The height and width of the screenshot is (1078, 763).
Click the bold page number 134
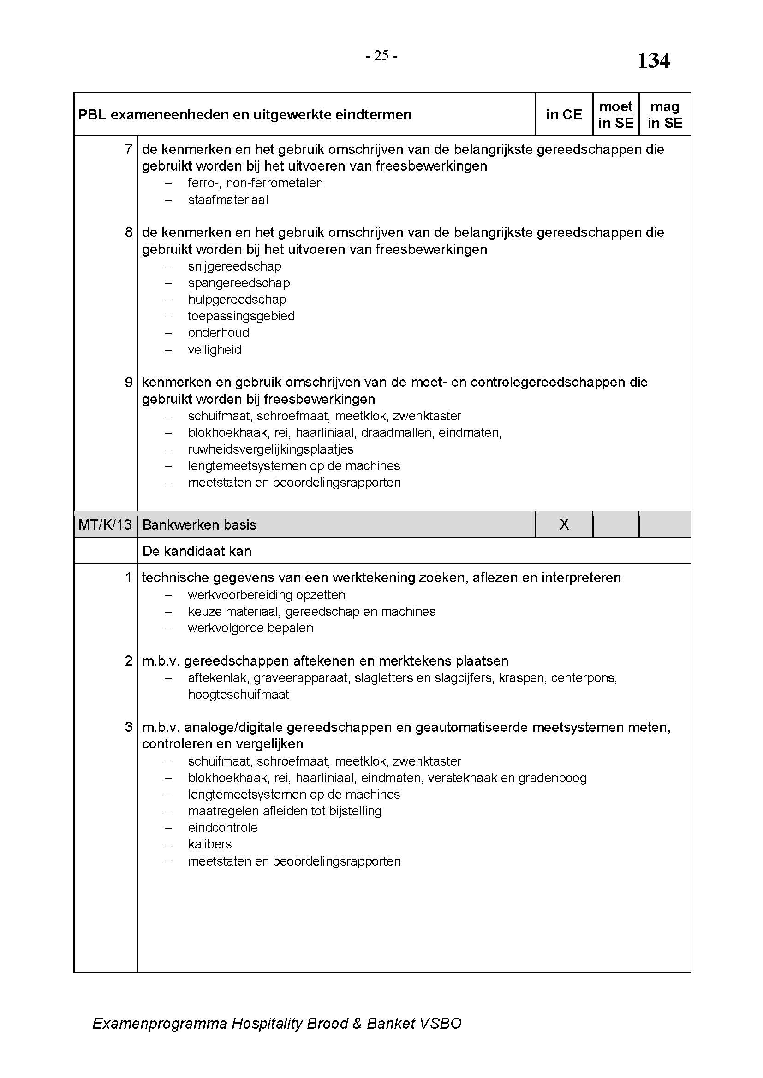point(653,61)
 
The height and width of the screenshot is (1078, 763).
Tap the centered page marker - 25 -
point(381,56)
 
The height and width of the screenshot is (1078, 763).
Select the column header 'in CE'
point(563,115)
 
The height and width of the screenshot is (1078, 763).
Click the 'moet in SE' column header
point(615,115)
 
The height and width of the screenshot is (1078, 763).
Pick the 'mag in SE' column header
point(665,115)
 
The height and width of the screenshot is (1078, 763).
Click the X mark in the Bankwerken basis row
point(564,524)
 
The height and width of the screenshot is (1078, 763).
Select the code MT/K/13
point(105,524)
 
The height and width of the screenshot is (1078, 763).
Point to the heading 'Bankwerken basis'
point(199,524)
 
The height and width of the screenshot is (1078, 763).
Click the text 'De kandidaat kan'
point(197,551)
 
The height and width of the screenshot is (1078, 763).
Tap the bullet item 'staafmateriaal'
point(228,200)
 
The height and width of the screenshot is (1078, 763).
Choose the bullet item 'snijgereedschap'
point(234,266)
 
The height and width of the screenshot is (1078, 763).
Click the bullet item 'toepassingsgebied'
point(241,316)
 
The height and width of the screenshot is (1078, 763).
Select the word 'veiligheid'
point(214,350)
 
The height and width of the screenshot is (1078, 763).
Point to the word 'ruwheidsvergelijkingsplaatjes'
point(271,449)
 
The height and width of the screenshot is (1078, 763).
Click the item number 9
point(129,383)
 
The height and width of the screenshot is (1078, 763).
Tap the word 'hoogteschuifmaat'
point(238,695)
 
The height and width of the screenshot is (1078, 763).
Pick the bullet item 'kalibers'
point(209,844)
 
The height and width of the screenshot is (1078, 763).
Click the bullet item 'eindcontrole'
point(222,827)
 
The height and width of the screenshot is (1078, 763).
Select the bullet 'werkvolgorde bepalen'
point(250,628)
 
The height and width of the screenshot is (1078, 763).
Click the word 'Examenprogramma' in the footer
point(160,1024)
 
